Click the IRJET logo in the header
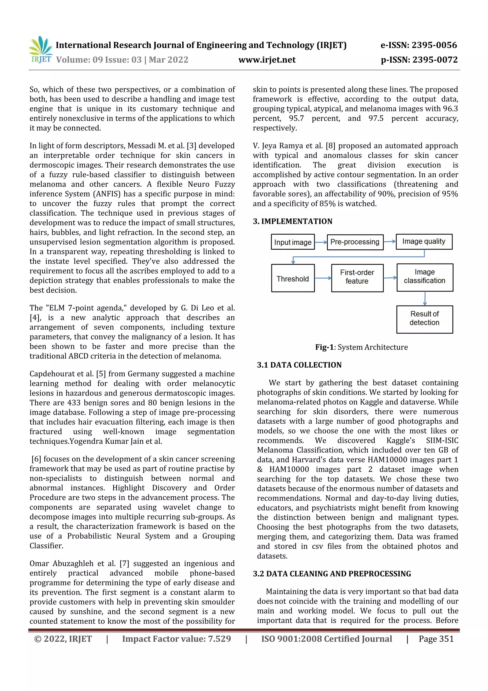[x=41, y=50]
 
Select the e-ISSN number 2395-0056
[x=419, y=45]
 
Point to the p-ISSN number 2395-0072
[x=419, y=60]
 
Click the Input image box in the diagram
[x=293, y=242]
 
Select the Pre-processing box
[x=355, y=242]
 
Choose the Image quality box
[x=424, y=242]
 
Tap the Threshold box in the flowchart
[x=293, y=278]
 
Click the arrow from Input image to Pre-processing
[x=320, y=242]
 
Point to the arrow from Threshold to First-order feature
[x=323, y=278]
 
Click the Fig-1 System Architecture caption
[x=361, y=347]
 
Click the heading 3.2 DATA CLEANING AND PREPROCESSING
[x=332, y=574]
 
